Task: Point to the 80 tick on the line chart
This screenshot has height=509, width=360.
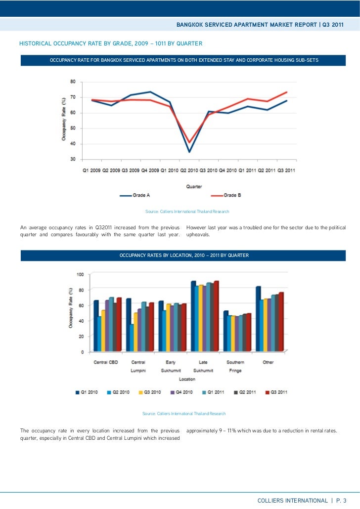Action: (72, 82)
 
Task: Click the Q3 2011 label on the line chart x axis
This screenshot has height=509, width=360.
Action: (286, 170)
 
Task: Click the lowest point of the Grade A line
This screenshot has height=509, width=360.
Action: (189, 151)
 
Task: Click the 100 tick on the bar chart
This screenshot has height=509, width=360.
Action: (79, 274)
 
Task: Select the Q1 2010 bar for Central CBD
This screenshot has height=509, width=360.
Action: (96, 326)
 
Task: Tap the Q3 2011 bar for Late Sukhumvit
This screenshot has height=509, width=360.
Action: (216, 316)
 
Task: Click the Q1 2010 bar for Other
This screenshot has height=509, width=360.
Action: (258, 319)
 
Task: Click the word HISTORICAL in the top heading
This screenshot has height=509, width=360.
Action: (39, 44)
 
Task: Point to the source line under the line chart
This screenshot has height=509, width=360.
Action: (187, 212)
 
